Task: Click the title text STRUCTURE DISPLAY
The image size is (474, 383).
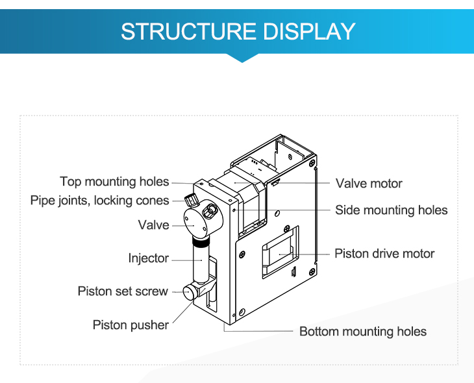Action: tap(238, 31)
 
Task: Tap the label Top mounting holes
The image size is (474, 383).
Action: tap(114, 182)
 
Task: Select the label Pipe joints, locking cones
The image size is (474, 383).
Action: tap(99, 201)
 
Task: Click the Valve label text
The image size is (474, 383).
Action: tap(153, 225)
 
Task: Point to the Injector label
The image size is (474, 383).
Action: tap(149, 258)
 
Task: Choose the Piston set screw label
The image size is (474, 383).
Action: tap(123, 291)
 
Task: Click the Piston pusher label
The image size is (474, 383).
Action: tap(131, 325)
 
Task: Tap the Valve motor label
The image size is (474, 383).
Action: tap(369, 184)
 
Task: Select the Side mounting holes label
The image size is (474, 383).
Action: tap(391, 210)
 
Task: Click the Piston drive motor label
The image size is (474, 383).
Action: tap(384, 254)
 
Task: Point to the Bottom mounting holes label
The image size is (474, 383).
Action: tap(363, 332)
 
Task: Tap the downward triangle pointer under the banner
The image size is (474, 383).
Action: tap(242, 58)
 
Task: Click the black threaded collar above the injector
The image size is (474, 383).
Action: tap(201, 240)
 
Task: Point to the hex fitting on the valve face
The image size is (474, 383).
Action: tap(210, 210)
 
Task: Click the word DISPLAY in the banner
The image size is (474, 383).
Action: tap(308, 31)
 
